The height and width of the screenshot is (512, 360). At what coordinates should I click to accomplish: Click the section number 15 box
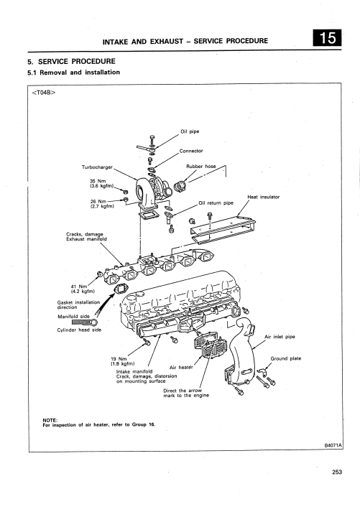click(x=328, y=38)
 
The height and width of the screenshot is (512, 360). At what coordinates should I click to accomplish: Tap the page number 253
click(x=337, y=472)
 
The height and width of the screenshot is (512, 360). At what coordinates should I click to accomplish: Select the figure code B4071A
click(x=333, y=445)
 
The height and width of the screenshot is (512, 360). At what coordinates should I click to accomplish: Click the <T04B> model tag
click(x=44, y=92)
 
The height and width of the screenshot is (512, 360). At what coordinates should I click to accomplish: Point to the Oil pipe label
click(x=190, y=131)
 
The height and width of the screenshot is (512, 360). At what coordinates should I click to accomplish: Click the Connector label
click(x=191, y=151)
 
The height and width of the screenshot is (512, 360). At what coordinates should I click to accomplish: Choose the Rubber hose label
click(x=201, y=166)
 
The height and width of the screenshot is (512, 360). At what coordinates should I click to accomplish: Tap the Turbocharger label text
click(x=97, y=167)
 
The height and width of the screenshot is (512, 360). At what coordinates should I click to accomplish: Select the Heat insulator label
click(x=263, y=197)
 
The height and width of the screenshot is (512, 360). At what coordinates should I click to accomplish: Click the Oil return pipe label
click(x=216, y=203)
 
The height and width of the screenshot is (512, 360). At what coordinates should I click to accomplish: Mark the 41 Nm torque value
click(x=79, y=287)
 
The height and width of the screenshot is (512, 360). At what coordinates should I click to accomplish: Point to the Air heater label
click(x=181, y=368)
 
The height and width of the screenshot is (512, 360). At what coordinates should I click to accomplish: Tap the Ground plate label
click(x=286, y=358)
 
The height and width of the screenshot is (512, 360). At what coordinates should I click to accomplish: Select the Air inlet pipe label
click(x=280, y=337)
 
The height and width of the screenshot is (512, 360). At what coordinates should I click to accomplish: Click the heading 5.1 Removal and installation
click(x=74, y=72)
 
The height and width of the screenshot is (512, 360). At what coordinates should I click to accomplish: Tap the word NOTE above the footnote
click(x=50, y=420)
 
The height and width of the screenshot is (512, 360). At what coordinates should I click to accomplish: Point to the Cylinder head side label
click(x=79, y=330)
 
